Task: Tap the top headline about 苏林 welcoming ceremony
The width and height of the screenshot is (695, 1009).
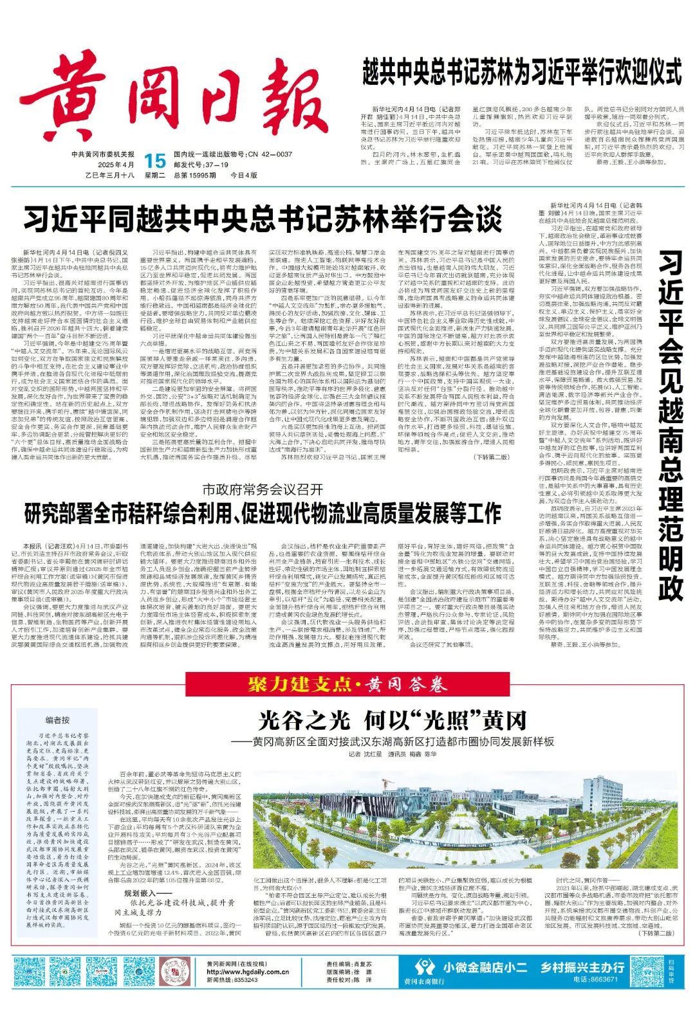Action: [521, 71]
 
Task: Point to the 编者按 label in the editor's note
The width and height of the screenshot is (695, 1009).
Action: [57, 720]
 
